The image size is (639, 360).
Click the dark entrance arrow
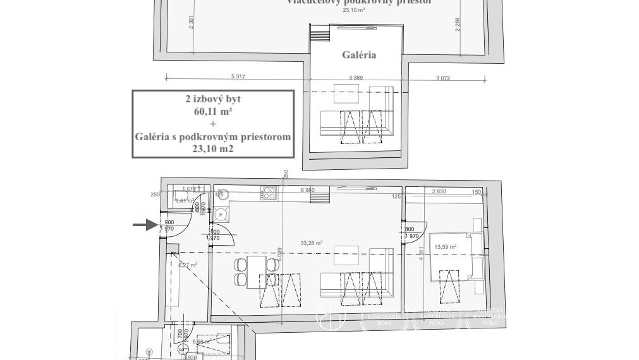click(145, 224)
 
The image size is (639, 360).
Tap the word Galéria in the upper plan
click(359, 55)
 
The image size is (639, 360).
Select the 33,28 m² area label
click(312, 243)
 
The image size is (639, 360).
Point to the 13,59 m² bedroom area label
click(445, 247)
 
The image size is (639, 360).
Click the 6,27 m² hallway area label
click(188, 265)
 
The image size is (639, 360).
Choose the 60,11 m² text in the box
click(212, 111)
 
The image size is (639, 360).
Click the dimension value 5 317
click(238, 76)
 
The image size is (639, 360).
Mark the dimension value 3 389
click(356, 76)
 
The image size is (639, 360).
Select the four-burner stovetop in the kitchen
click(269, 193)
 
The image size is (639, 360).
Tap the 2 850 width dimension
click(439, 191)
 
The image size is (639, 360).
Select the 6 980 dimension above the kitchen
click(308, 190)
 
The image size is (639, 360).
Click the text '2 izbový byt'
click(212, 99)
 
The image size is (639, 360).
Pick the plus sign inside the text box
click(212, 124)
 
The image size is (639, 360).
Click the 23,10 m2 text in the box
click(212, 149)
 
